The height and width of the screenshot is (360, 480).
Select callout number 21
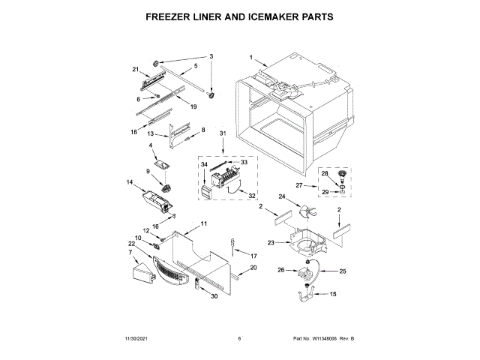tap(136, 70)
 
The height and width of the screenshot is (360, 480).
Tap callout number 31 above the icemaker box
tap(222, 133)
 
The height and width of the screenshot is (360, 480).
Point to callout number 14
tap(129, 182)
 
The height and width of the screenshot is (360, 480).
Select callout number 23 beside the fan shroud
tap(271, 242)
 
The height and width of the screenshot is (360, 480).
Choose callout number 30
tap(214, 297)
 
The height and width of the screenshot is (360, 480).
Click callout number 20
tap(253, 268)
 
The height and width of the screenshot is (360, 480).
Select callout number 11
tap(203, 224)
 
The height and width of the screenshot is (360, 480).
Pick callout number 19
tap(193, 106)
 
